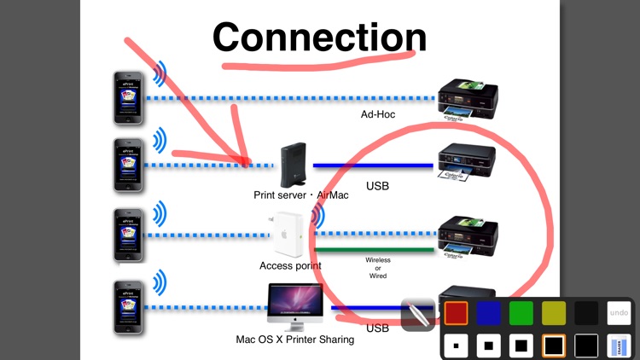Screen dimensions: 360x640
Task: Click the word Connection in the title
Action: click(x=319, y=38)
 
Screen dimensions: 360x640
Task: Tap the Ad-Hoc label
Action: click(x=378, y=113)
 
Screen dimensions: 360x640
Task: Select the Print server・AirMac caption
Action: click(x=301, y=195)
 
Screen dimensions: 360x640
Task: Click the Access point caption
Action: click(x=290, y=265)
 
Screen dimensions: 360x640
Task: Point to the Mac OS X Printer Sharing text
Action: click(x=294, y=339)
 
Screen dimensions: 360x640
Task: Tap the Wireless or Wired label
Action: click(x=377, y=268)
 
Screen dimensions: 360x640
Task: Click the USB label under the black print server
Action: click(x=377, y=185)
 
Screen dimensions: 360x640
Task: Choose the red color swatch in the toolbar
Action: click(x=457, y=313)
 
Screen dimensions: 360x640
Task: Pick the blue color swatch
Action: click(x=489, y=313)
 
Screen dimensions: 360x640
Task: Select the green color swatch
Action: click(x=521, y=313)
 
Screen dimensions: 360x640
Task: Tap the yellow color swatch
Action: click(x=554, y=313)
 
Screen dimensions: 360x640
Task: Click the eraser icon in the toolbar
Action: click(x=619, y=345)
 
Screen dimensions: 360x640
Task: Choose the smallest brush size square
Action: click(x=457, y=345)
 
